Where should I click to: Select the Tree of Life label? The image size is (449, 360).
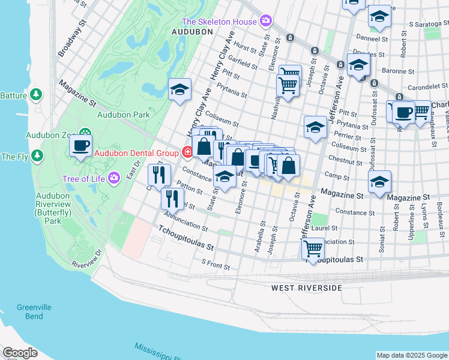(83, 179)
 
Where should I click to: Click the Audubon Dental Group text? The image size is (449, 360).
(136, 153)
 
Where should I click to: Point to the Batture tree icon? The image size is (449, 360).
(36, 95)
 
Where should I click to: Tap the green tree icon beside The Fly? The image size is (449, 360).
(38, 157)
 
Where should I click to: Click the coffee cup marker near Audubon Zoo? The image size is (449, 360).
(80, 145)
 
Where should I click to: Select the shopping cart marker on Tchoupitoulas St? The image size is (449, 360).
(313, 248)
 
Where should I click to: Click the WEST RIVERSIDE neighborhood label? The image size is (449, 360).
(306, 288)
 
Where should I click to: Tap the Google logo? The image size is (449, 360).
(20, 353)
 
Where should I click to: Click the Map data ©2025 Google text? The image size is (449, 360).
(411, 355)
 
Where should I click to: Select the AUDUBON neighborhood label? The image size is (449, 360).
(193, 31)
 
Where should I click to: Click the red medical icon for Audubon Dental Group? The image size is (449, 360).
(187, 152)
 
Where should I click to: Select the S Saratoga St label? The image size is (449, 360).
(429, 25)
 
